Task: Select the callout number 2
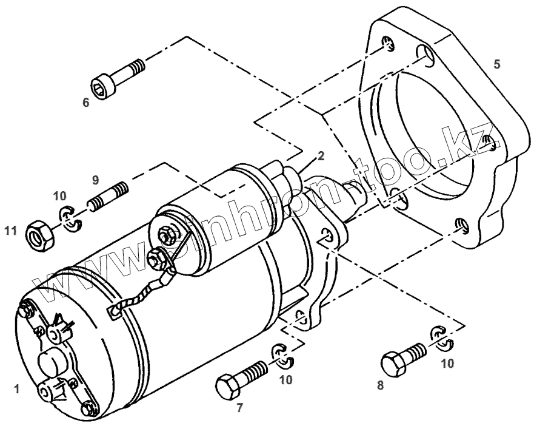[x=321, y=155]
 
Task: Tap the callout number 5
[x=497, y=64]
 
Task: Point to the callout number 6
[x=85, y=103]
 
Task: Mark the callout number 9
[x=96, y=180]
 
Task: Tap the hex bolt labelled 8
[x=403, y=357]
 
